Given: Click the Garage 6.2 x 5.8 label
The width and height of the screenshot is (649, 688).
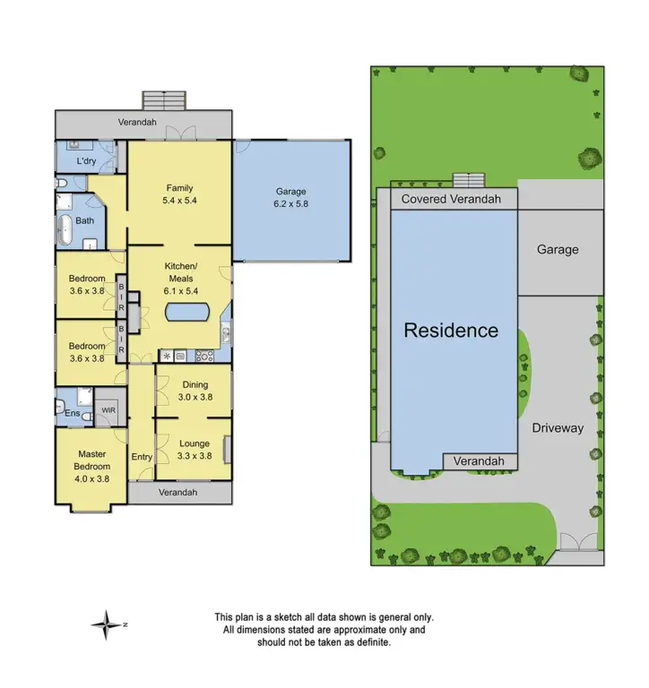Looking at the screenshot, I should (x=290, y=198).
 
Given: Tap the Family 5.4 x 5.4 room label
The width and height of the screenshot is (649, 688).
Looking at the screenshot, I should (x=179, y=194).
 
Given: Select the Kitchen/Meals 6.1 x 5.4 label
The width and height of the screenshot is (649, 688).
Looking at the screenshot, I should (x=179, y=279).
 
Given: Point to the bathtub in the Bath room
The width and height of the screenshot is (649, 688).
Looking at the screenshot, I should (x=65, y=229).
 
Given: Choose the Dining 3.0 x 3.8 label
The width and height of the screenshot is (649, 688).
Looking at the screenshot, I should (x=195, y=391).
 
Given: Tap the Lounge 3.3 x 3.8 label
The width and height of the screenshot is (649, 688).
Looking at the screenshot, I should (x=195, y=450).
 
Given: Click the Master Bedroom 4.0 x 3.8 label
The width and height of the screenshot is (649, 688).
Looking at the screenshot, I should (x=91, y=466).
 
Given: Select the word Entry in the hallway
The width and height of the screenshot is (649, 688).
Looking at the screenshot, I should (x=142, y=457).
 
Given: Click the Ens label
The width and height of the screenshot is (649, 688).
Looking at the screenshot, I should (x=71, y=413).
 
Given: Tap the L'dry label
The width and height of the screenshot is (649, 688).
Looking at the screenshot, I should (x=86, y=161).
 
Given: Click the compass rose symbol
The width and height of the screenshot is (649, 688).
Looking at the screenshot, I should (x=107, y=623).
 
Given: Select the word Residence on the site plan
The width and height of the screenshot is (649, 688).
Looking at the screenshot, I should (x=451, y=330).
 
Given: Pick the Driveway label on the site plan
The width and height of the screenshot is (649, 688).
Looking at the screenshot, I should (x=558, y=428).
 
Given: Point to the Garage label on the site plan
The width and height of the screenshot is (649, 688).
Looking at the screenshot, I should (x=558, y=250).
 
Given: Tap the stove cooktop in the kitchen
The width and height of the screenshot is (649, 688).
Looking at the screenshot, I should (x=203, y=357).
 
